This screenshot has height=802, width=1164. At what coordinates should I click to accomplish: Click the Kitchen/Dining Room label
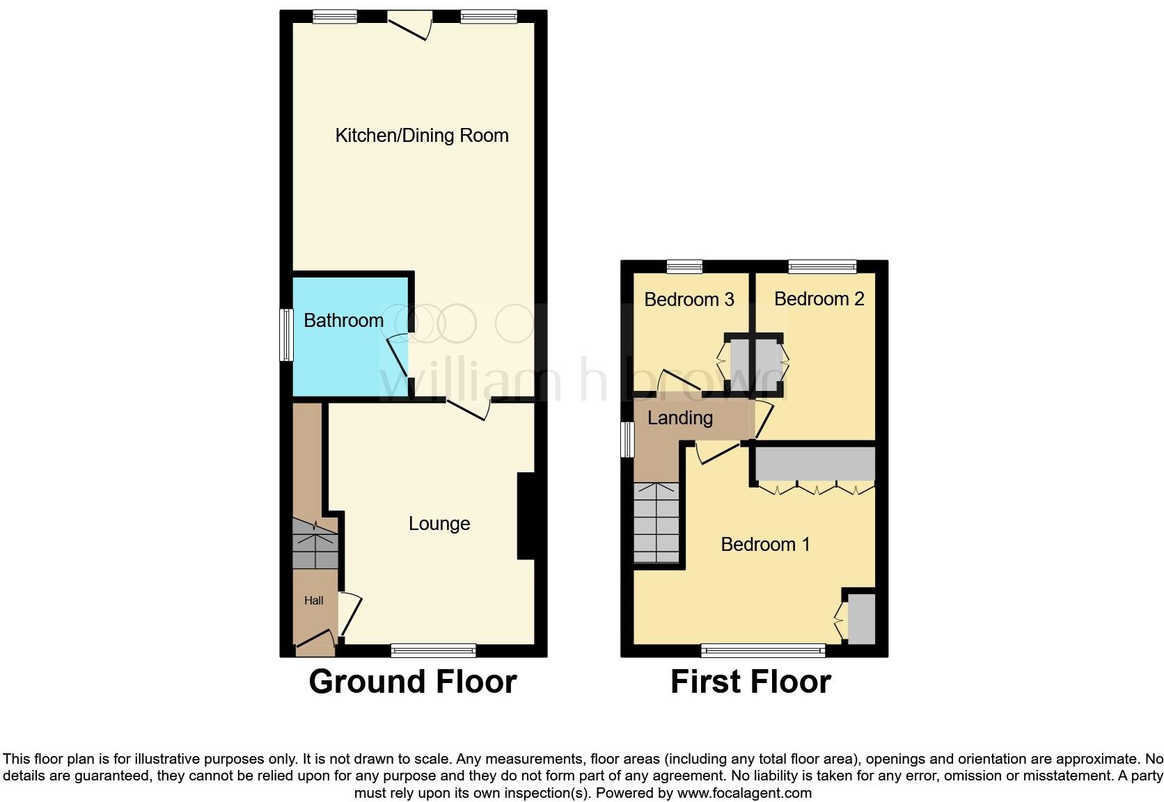point(422,136)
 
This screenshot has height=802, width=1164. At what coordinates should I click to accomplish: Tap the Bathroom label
point(344,321)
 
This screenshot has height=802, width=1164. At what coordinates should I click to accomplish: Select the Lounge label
point(439,524)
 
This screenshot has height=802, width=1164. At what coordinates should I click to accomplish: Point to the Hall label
point(314,600)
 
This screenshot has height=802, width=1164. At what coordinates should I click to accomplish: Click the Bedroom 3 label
point(689,300)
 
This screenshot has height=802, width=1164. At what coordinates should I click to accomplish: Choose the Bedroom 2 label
point(819,299)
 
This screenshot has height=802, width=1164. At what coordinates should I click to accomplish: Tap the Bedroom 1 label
point(765,544)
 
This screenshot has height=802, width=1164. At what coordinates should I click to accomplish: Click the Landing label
point(680,418)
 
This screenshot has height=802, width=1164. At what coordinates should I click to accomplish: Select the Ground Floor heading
point(413,682)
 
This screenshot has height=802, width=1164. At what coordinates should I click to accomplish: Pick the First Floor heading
point(750,682)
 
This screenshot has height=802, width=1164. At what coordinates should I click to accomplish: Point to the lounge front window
point(433,650)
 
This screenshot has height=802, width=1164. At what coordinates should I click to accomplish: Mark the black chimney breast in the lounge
point(526,515)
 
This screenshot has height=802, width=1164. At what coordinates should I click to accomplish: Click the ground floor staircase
point(315,543)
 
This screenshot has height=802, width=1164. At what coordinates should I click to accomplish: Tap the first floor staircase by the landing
point(656,522)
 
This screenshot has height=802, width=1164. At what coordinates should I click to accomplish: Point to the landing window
point(627,440)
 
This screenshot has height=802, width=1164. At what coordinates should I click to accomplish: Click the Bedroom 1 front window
point(763,651)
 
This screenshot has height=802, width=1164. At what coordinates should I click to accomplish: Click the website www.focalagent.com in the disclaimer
point(744,793)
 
